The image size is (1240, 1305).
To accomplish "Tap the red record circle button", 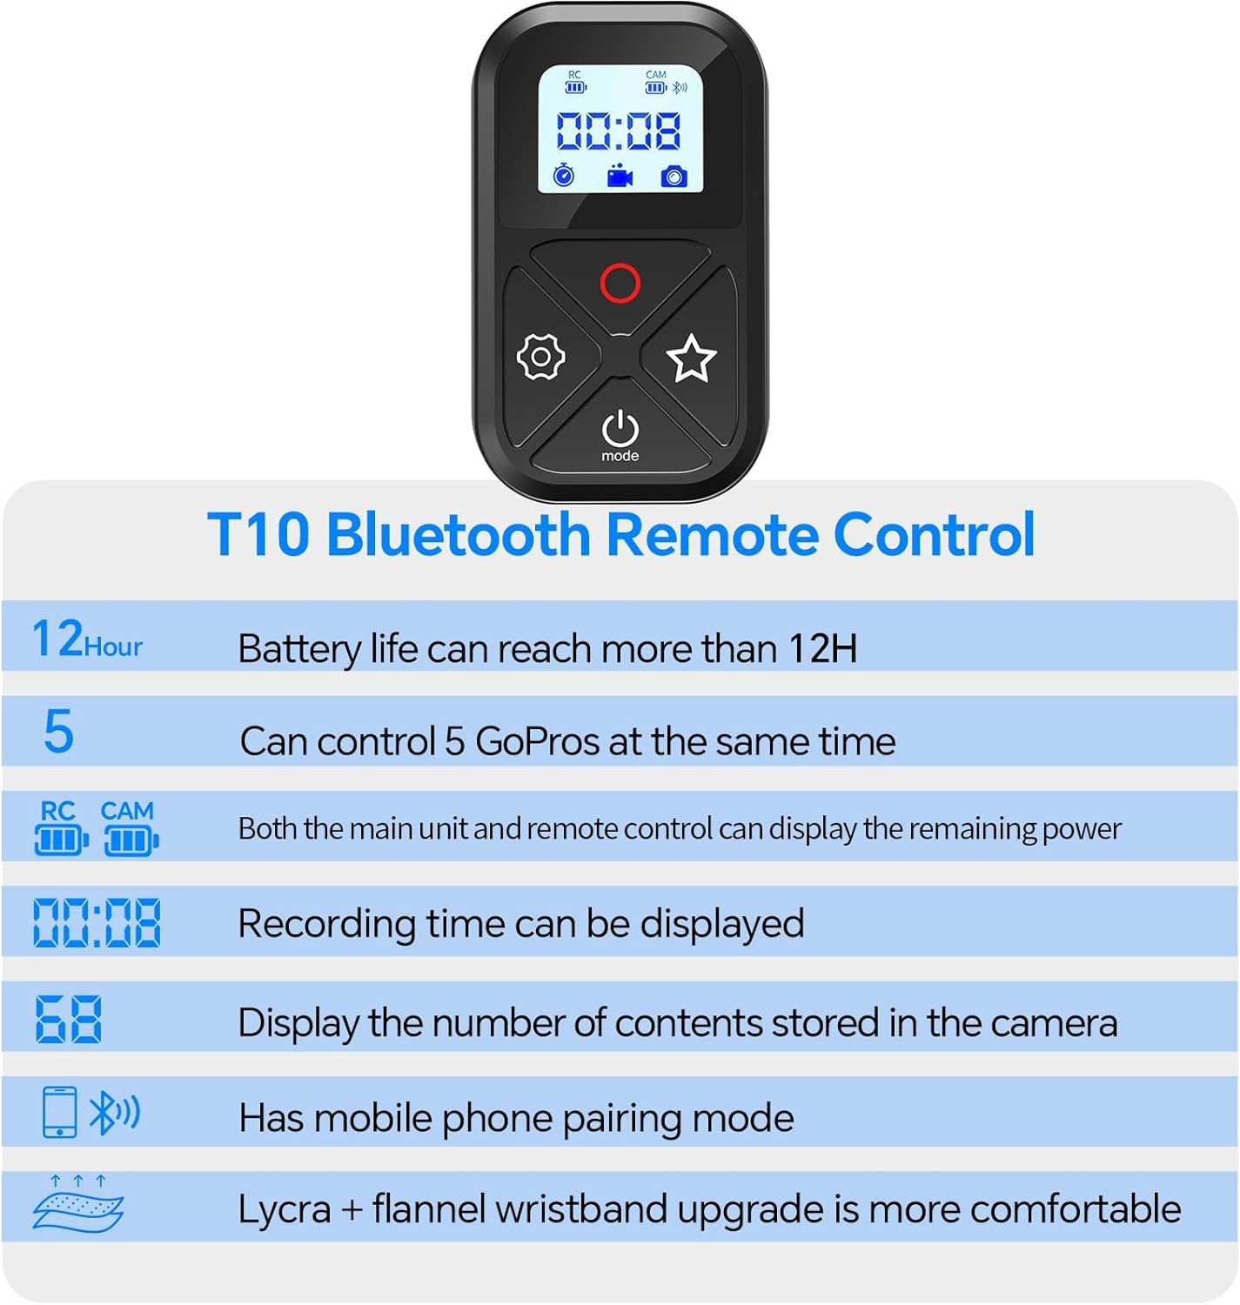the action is pyautogui.click(x=620, y=283).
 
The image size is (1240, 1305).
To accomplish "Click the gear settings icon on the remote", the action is pyautogui.click(x=540, y=357).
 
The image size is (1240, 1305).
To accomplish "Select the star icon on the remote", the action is pyautogui.click(x=692, y=358).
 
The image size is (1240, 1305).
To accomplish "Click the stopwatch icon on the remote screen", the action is pyautogui.click(x=564, y=175).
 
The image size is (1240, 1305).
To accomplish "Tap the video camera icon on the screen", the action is pyautogui.click(x=620, y=176).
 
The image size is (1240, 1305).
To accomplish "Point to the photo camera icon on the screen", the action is pyautogui.click(x=674, y=177).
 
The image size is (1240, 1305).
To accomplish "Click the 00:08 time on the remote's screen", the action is pyautogui.click(x=619, y=130).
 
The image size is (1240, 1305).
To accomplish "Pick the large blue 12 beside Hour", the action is pyautogui.click(x=57, y=638).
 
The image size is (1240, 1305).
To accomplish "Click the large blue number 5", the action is pyautogui.click(x=58, y=730).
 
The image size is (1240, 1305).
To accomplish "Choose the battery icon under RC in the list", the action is pyautogui.click(x=61, y=841).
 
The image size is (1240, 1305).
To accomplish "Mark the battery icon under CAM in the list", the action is pyautogui.click(x=131, y=841).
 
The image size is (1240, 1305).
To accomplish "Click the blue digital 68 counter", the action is pyautogui.click(x=69, y=1019).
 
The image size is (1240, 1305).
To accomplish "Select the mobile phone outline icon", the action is pyautogui.click(x=60, y=1112).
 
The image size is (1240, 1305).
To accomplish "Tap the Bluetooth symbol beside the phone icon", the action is pyautogui.click(x=114, y=1112).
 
